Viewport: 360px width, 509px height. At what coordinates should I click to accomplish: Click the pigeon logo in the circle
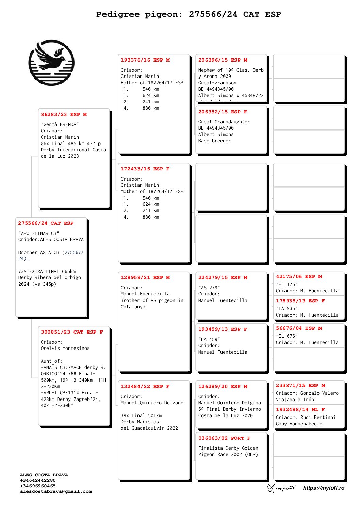(51, 63)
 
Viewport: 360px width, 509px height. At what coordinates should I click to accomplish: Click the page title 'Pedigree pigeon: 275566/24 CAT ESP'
(188, 14)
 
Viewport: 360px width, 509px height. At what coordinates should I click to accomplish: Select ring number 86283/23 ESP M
(64, 115)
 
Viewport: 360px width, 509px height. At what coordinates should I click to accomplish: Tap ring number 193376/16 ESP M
(145, 60)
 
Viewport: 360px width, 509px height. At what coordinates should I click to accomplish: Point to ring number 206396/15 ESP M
(223, 60)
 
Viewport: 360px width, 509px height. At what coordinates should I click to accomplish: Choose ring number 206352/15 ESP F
(223, 112)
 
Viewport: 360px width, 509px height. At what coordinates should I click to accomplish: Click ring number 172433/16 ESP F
(145, 169)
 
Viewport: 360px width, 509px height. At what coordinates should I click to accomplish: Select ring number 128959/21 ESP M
(145, 278)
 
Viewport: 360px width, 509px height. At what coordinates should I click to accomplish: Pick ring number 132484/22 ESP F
(145, 387)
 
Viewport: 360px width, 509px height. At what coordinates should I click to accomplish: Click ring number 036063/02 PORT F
(224, 438)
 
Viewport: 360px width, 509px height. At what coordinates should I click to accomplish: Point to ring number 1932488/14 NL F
(300, 410)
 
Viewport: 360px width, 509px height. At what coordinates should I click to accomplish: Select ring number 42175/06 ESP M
(299, 277)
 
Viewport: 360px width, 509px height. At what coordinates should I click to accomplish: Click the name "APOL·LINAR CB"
(39, 233)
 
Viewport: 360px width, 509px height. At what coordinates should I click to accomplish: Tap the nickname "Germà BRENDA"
(60, 124)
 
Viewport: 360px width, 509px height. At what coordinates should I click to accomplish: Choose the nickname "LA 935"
(287, 308)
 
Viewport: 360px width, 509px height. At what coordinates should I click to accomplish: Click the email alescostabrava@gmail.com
(56, 491)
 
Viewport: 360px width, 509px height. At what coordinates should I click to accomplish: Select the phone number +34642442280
(38, 480)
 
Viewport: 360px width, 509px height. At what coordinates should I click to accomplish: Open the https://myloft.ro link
(324, 488)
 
